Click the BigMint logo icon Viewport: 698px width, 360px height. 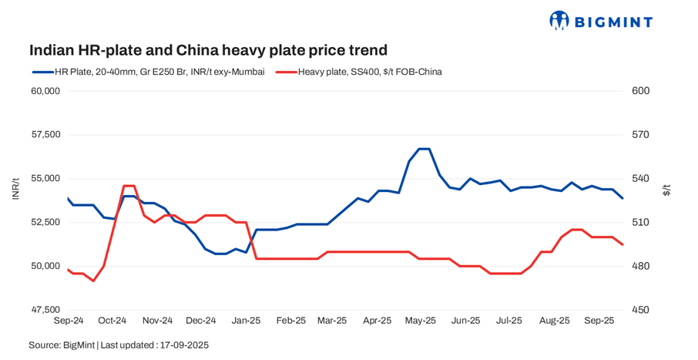[x=559, y=20]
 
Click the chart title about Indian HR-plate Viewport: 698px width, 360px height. [x=208, y=50]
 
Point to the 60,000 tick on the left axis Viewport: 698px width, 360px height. [x=45, y=91]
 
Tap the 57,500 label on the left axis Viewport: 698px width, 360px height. [x=45, y=135]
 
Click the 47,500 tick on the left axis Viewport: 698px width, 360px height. [x=45, y=310]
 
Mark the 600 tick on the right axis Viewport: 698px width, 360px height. [x=641, y=91]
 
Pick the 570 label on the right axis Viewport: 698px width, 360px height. [x=641, y=135]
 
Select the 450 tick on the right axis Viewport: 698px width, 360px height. [x=641, y=310]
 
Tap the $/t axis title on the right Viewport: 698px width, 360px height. [x=667, y=190]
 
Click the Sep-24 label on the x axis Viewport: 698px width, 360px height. [x=69, y=319]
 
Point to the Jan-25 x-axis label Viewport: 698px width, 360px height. [x=247, y=319]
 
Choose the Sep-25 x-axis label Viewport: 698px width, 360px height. [x=599, y=319]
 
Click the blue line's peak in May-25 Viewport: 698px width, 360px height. [x=424, y=149]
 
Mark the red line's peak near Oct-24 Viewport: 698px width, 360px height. [x=129, y=186]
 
